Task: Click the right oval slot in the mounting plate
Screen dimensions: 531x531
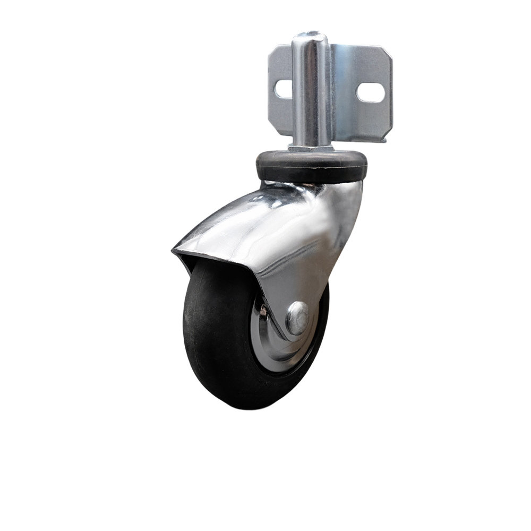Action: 370,92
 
